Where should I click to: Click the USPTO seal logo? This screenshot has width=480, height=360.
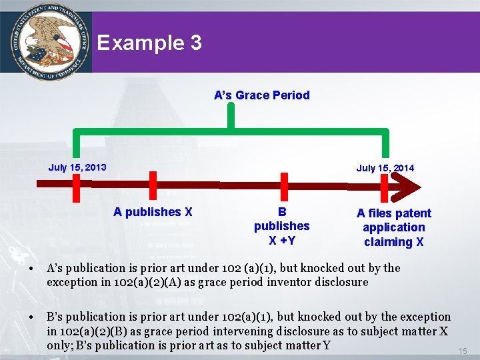pos(45,42)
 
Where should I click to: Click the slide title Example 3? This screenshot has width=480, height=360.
pos(149,43)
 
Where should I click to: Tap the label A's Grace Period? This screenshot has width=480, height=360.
pos(262,95)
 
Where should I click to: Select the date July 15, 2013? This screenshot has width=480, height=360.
pos(77,167)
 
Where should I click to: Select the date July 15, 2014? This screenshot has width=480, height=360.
pos(385,168)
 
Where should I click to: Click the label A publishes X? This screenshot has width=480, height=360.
pos(153,212)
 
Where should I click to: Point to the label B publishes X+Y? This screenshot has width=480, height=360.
pos(282,226)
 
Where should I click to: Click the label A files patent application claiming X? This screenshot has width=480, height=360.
pos(394,227)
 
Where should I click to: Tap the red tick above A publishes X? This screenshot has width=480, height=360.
pos(153,185)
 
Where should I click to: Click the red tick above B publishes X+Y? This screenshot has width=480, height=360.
pos(284,186)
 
